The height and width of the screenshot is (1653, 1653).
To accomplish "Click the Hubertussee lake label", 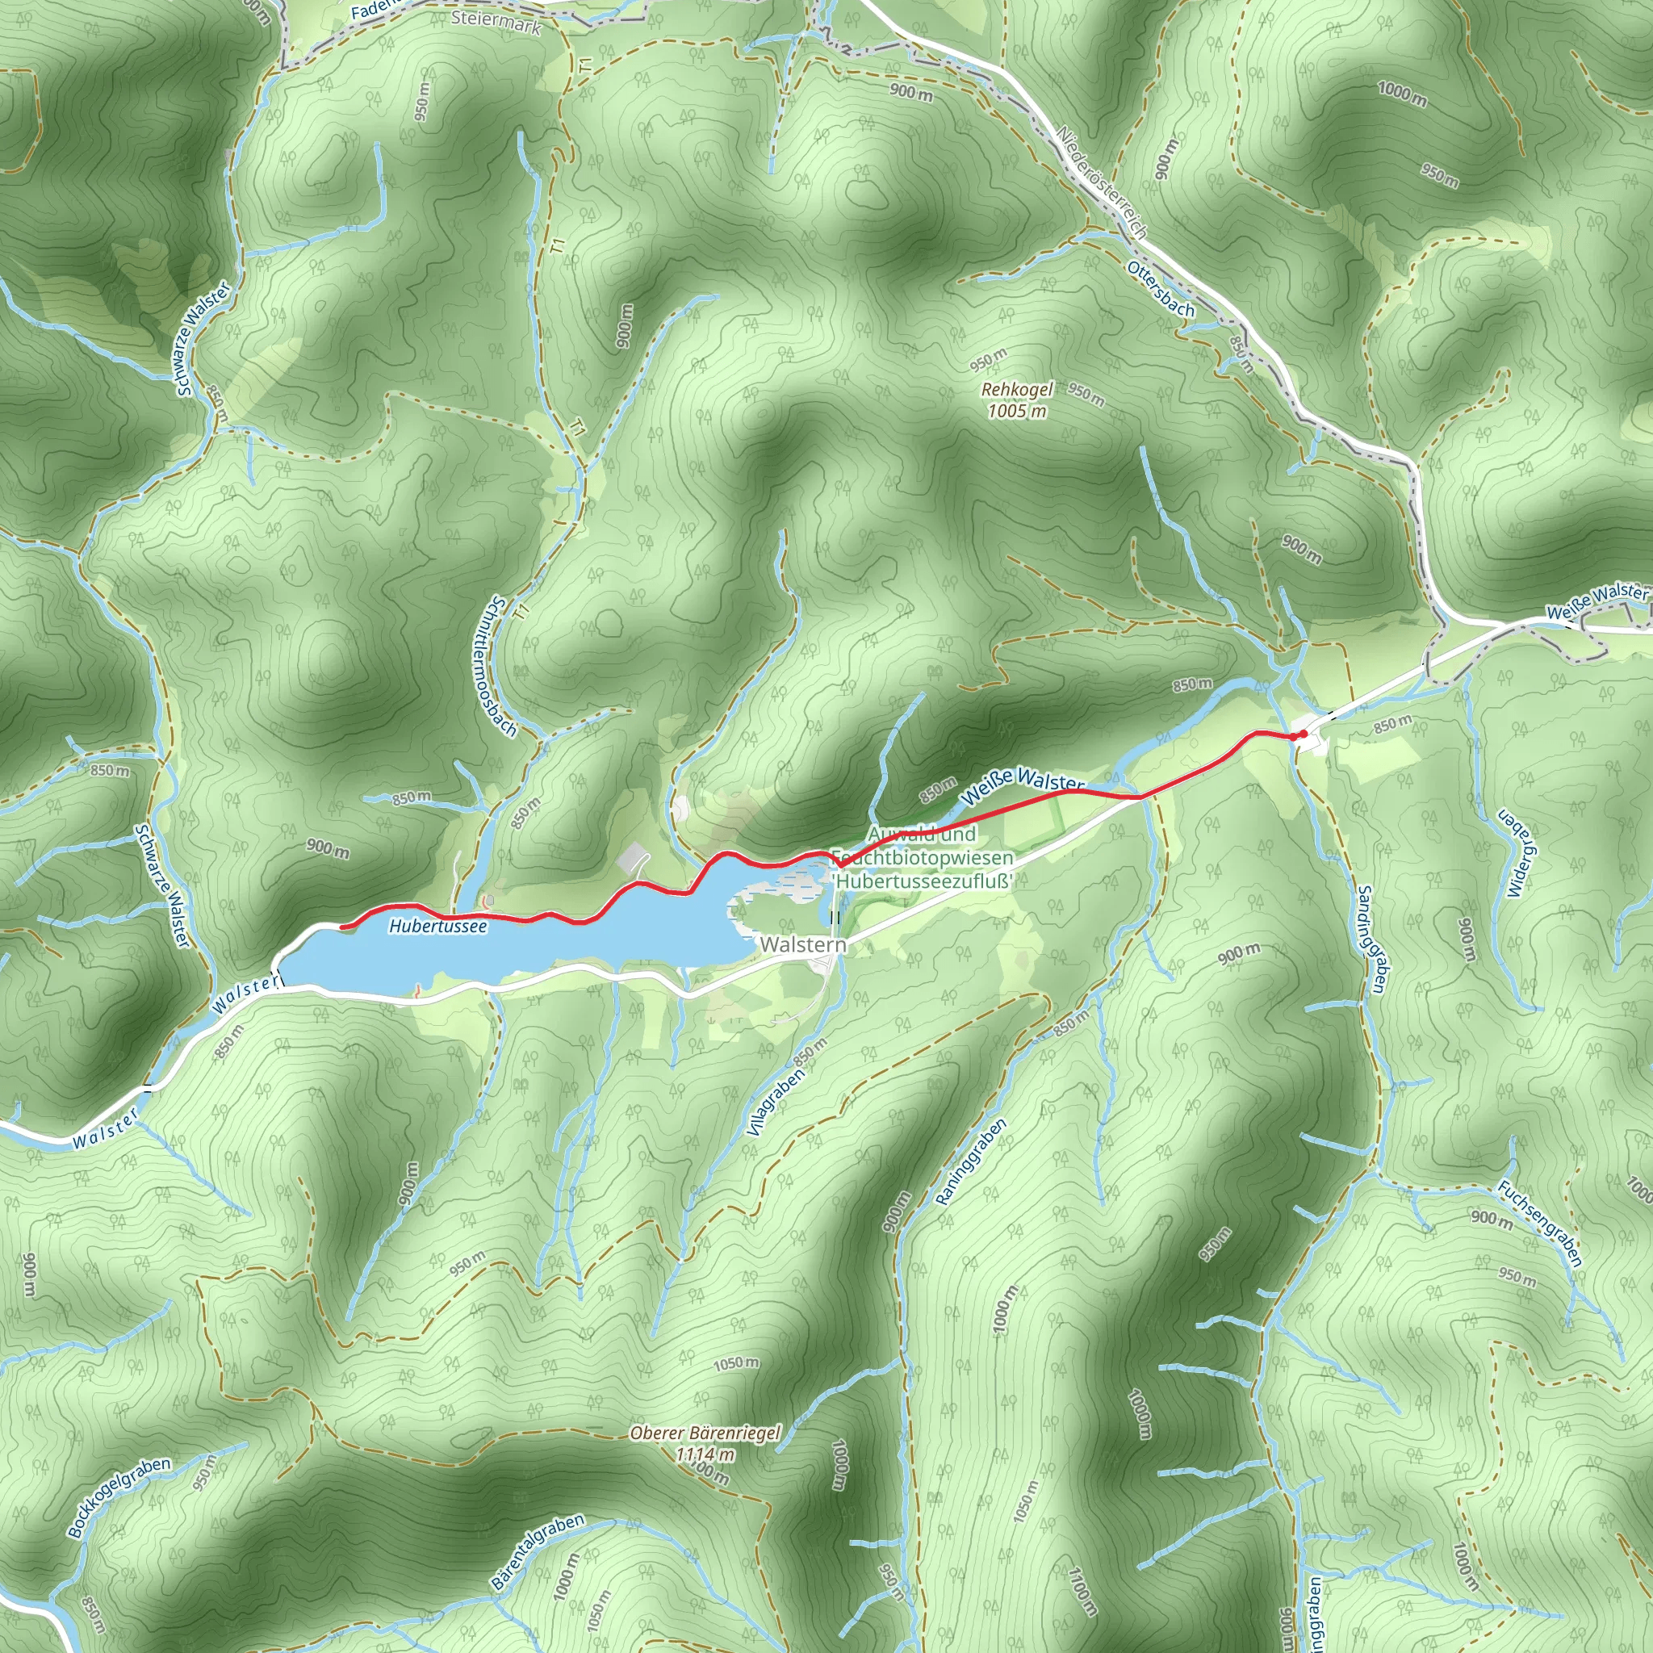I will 437,926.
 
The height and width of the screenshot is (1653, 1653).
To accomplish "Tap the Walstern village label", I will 802,944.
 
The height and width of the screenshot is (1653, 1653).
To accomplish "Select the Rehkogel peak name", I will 1016,390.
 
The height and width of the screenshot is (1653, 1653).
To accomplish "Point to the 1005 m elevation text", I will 1016,412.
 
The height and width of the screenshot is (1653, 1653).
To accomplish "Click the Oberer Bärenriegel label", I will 704,1433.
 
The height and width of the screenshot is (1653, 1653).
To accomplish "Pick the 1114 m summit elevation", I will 704,1454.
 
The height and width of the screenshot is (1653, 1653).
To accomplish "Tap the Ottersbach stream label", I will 1160,289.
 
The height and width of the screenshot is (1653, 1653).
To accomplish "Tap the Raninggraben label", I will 970,1161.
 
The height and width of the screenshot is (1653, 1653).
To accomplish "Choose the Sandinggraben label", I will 1371,939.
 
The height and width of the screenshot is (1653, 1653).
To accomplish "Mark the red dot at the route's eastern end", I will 1301,734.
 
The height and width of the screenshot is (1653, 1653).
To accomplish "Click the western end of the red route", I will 342,927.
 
